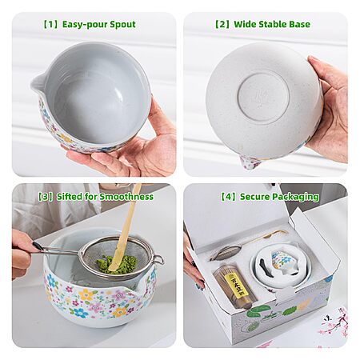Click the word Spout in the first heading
(122, 25)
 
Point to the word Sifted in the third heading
(70, 197)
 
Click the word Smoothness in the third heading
(126, 197)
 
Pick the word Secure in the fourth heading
(254, 197)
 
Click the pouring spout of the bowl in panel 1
(38, 83)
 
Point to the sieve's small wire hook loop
(158, 259)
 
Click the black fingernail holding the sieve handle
(38, 246)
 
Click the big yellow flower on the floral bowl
(86, 295)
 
